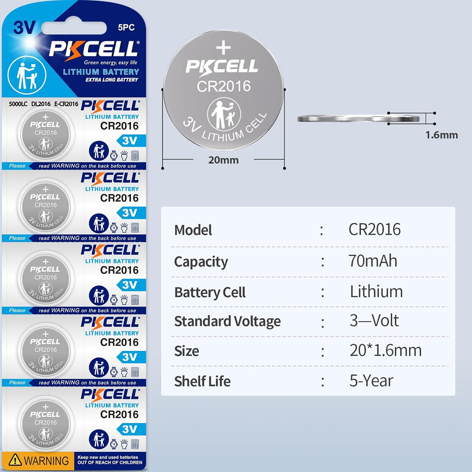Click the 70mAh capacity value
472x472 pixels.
click(373, 261)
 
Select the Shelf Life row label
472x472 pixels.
click(202, 381)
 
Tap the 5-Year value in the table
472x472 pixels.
click(371, 381)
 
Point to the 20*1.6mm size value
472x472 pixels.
click(385, 351)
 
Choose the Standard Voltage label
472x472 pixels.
click(227, 321)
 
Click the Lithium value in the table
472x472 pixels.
click(376, 292)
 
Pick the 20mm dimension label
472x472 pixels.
click(223, 160)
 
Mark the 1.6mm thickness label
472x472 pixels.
click(441, 135)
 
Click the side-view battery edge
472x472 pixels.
click(361, 118)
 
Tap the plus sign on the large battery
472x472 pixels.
click(223, 48)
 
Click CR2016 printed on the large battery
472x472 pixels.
click(224, 86)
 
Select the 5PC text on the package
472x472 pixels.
click(126, 28)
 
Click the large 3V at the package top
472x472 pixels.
click(24, 28)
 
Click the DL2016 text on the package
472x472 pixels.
click(41, 104)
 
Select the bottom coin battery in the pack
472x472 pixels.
click(45, 423)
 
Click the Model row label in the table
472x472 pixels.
click(193, 230)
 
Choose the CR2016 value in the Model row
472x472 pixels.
click(375, 229)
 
